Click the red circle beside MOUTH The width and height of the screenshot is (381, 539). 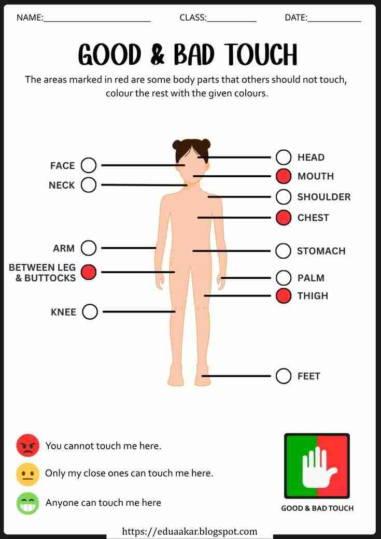[x=284, y=176]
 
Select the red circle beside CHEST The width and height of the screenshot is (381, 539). [x=284, y=218]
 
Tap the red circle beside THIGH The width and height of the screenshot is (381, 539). [x=284, y=295]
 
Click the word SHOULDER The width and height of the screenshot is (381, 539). [x=324, y=197]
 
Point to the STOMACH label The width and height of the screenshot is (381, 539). [x=321, y=251]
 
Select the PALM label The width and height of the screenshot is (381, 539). [x=311, y=278]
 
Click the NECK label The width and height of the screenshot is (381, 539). [x=62, y=186]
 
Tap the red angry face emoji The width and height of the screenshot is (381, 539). [x=28, y=446]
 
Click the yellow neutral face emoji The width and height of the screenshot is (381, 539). [x=28, y=474]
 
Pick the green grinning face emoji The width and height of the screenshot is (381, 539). [x=28, y=503]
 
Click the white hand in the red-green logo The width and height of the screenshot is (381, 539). [x=318, y=467]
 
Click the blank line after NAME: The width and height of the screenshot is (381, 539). [x=97, y=21]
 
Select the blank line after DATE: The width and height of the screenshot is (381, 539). [x=334, y=21]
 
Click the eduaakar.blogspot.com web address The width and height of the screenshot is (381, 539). [x=190, y=532]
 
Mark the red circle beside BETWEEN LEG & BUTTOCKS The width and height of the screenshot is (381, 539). [x=88, y=272]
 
